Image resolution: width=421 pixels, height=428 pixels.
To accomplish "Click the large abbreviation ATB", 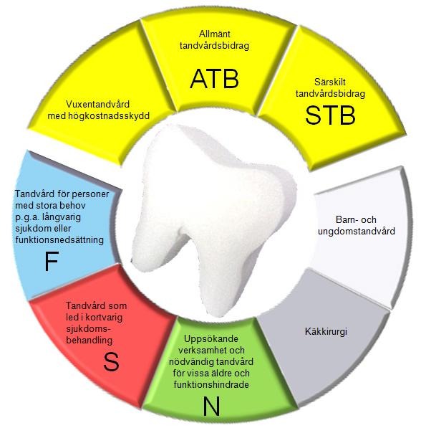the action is [214, 79].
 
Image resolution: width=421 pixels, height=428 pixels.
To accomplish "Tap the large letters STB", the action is [330, 115].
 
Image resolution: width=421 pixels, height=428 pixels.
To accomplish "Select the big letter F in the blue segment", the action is [52, 261].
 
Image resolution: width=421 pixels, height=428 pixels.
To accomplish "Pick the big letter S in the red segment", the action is [111, 361].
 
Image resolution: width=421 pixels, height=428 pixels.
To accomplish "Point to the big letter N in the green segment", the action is [211, 406].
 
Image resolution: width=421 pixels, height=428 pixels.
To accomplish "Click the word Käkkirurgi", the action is [326, 332].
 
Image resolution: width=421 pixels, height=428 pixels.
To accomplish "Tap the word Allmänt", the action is [215, 34].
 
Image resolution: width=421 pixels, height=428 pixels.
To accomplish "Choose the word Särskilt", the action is [330, 82].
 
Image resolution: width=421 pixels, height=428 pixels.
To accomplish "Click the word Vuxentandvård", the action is [97, 104].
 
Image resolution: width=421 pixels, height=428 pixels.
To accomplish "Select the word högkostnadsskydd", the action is [109, 116].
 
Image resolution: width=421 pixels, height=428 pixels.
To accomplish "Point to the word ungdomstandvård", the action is [357, 232].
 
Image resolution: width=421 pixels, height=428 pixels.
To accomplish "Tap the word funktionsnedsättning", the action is [59, 240].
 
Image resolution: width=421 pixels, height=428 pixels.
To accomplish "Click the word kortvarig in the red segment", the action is [104, 317].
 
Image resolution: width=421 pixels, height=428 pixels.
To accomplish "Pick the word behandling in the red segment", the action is [89, 341].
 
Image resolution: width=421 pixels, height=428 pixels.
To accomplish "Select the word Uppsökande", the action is [211, 339].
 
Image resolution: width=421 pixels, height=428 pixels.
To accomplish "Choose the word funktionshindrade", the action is [211, 384].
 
